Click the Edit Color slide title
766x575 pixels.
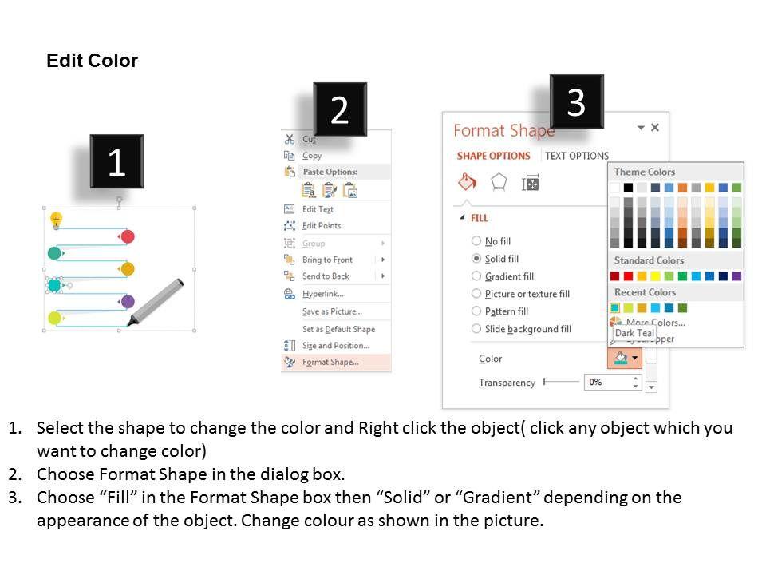92,61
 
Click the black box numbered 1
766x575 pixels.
116,161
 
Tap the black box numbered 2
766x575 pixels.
340,109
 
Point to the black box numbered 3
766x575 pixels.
576,101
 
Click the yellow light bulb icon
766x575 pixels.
56,220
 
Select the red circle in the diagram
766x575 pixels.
128,236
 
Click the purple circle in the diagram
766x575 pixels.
128,301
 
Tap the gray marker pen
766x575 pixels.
156,302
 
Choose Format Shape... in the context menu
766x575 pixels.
330,362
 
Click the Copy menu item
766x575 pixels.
312,156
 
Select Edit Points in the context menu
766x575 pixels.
322,225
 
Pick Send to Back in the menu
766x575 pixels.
326,276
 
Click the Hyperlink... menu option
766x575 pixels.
323,294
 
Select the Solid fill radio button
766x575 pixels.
476,258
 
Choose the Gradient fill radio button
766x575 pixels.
476,276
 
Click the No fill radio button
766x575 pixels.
476,240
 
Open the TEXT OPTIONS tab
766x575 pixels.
577,156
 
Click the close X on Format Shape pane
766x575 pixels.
655,127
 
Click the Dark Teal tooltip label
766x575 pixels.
634,333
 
